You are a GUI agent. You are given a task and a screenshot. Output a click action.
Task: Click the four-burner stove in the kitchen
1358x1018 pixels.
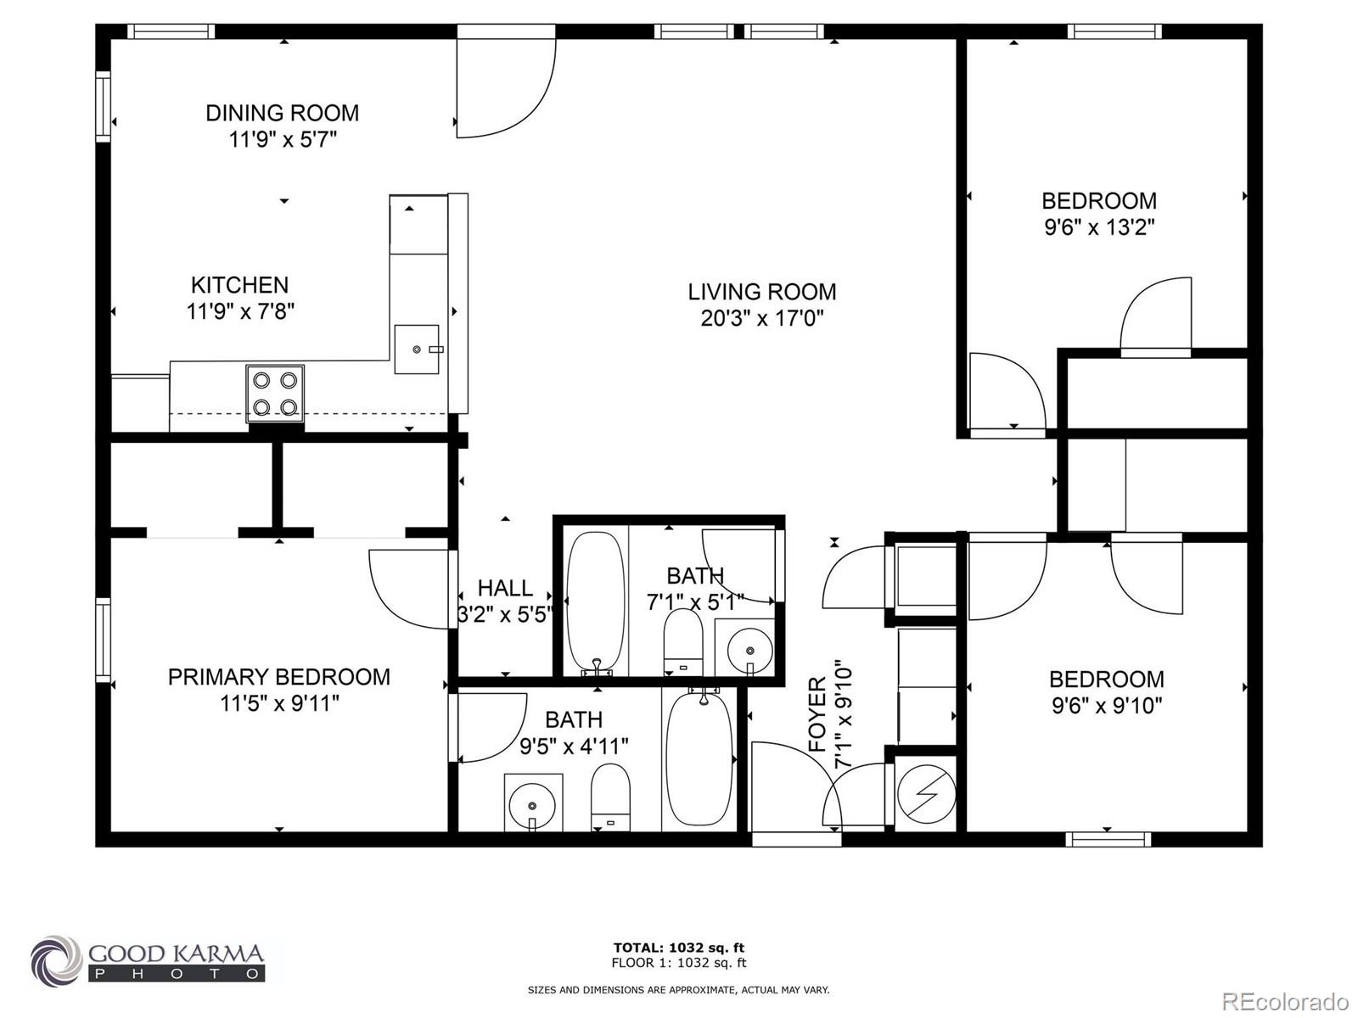click(275, 394)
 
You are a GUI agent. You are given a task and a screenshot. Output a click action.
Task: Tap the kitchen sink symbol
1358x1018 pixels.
click(417, 349)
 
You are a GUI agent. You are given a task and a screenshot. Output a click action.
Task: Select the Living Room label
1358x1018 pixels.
click(761, 292)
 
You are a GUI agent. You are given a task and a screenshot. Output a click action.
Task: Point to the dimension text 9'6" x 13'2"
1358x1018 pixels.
click(1099, 227)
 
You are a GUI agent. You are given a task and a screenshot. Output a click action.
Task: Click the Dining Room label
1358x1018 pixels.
click(282, 113)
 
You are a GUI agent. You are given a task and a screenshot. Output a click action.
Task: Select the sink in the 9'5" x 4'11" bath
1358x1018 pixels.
click(532, 803)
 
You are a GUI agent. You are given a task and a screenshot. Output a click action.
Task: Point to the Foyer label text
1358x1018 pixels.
click(817, 714)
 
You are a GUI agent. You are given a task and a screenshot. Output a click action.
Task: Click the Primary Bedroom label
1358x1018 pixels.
click(278, 677)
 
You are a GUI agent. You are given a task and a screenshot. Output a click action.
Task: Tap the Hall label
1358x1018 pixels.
click(505, 588)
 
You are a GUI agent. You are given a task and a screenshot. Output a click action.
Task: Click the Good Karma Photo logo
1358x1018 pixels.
click(148, 959)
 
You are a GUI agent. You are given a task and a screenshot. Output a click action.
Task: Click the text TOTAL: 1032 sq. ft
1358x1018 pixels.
click(679, 948)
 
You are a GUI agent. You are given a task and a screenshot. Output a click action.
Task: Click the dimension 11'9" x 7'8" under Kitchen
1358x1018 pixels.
click(240, 311)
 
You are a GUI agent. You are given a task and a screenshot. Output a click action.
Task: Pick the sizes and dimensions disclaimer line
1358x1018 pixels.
click(679, 990)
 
